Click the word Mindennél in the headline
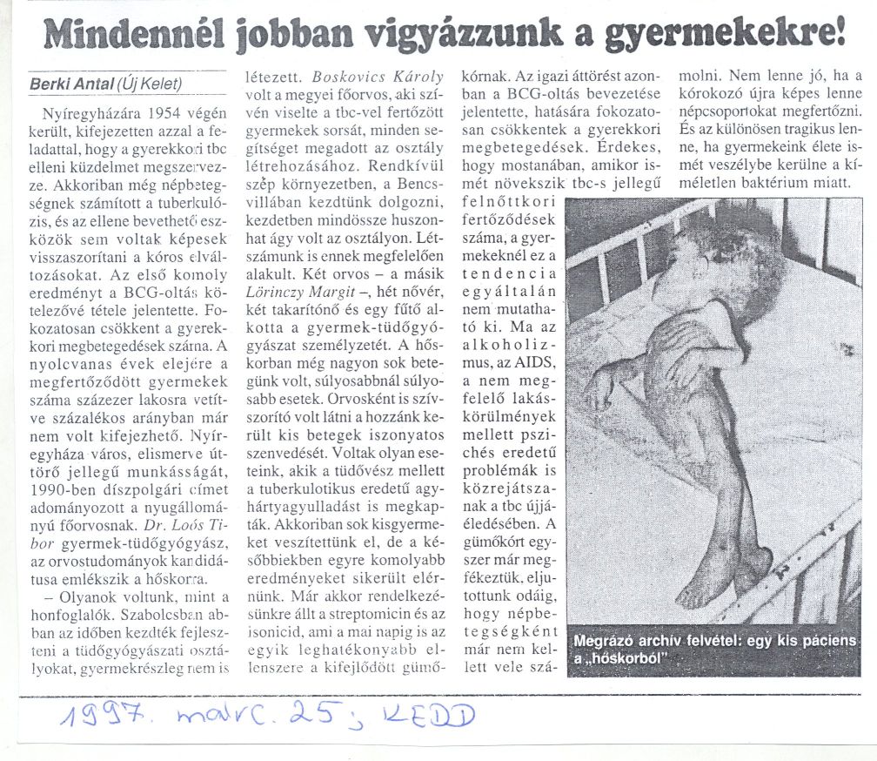click(129, 36)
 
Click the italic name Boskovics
click(347, 77)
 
